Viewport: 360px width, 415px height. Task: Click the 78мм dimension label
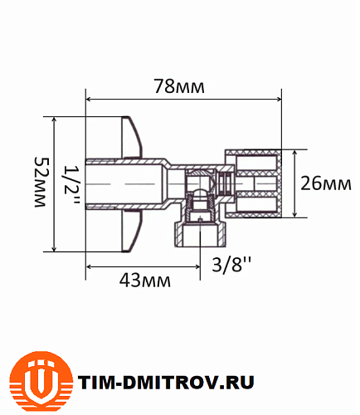tap(178, 86)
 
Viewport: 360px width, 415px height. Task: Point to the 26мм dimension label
tap(325, 183)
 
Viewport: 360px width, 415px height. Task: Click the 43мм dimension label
tap(144, 281)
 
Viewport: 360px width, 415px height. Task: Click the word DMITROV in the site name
tap(171, 382)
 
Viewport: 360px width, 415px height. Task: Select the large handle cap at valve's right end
tap(259, 183)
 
